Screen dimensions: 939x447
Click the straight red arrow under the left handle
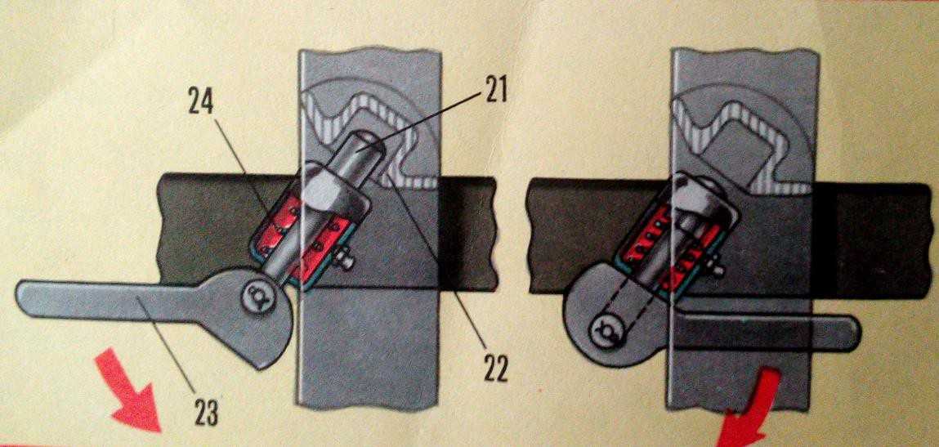tap(128, 392)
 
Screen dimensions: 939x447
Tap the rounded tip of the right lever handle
tap(851, 333)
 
